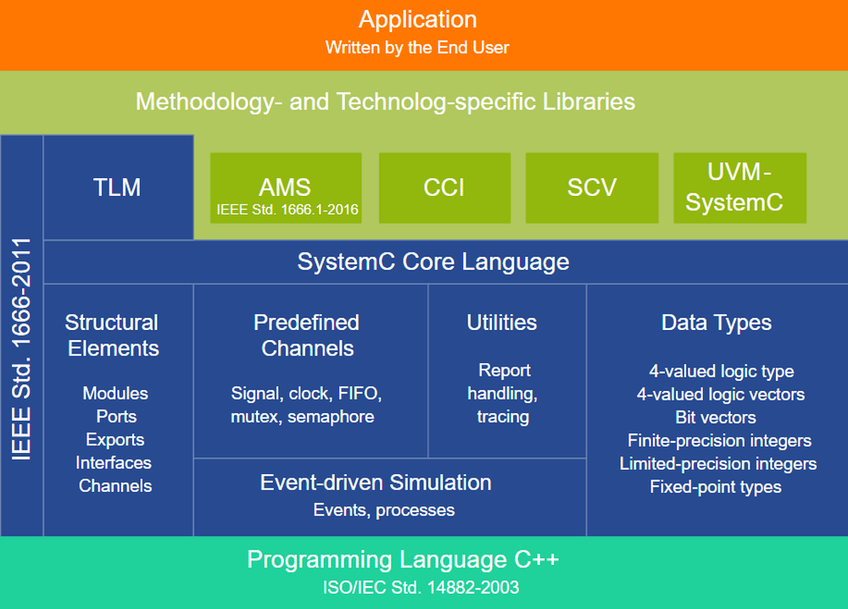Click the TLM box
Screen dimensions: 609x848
(x=118, y=187)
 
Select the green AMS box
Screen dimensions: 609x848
(x=285, y=187)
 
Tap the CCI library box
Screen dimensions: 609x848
(x=444, y=187)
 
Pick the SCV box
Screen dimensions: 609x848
(x=591, y=187)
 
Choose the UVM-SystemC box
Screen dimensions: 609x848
(x=739, y=187)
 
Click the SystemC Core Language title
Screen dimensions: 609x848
(x=432, y=261)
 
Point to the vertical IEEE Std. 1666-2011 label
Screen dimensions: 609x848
(x=22, y=348)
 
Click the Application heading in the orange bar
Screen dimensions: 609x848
(x=417, y=20)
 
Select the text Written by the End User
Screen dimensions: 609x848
(x=417, y=47)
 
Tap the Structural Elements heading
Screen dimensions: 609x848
(x=112, y=335)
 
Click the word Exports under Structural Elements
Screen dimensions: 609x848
(x=115, y=439)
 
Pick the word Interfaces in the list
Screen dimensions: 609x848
(x=114, y=462)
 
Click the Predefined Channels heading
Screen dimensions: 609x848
(x=307, y=335)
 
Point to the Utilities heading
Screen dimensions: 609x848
(x=502, y=322)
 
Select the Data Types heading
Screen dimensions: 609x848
(x=717, y=322)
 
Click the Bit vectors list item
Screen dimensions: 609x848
(x=716, y=417)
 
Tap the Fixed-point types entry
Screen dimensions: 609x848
(x=716, y=487)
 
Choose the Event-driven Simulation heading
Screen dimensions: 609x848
(x=376, y=483)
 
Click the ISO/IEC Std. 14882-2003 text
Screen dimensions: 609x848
(x=421, y=587)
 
